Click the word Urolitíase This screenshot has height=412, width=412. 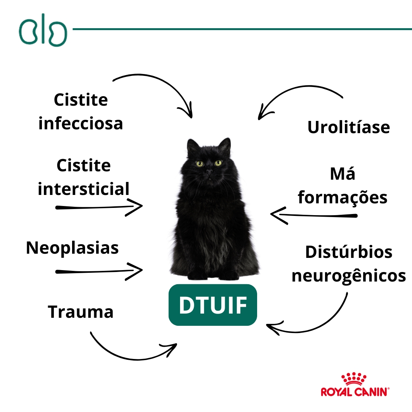349,127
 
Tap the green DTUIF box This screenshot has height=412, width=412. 213,305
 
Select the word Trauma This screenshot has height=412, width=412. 81,312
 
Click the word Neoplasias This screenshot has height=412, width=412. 72,248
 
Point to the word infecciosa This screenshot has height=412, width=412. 81,124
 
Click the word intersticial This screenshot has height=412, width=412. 84,189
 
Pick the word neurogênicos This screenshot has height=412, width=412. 349,275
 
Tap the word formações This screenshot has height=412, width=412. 343,198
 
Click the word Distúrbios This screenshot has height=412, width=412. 349,252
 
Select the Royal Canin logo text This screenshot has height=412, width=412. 355,392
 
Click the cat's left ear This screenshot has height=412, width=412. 193,147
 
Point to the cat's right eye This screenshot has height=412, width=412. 218,163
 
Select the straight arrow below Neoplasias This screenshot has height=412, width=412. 99,271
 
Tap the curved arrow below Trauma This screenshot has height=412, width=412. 130,351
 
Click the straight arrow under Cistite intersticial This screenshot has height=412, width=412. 99,207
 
